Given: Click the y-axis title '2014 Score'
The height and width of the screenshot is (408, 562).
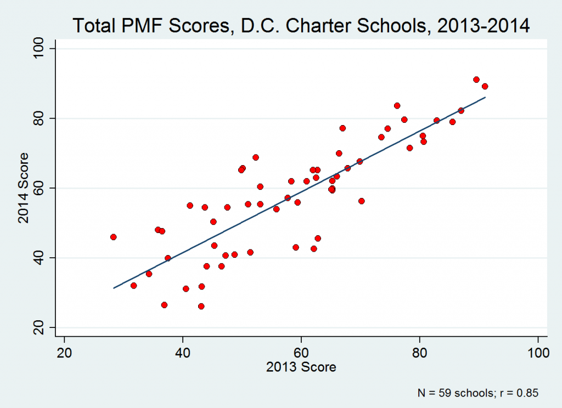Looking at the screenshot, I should pos(23,188).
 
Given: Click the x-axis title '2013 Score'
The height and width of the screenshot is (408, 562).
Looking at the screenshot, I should pos(301,367).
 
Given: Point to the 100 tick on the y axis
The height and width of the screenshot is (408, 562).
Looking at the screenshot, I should pos(40,49).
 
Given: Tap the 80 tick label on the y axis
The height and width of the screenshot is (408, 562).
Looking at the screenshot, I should pos(40,118).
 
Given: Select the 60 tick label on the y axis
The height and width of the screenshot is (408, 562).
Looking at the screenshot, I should pos(40,188).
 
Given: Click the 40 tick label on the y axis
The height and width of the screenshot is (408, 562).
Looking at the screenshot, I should pos(40,258).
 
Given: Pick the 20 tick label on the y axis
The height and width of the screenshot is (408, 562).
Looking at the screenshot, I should pos(40,327).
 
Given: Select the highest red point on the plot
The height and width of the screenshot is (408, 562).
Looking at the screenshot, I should pos(476,80).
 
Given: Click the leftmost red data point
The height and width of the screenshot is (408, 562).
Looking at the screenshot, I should pos(113,237).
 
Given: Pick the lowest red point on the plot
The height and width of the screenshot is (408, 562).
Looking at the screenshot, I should pos(201,306).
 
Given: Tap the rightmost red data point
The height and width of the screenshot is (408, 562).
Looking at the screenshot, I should pos(485,86).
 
